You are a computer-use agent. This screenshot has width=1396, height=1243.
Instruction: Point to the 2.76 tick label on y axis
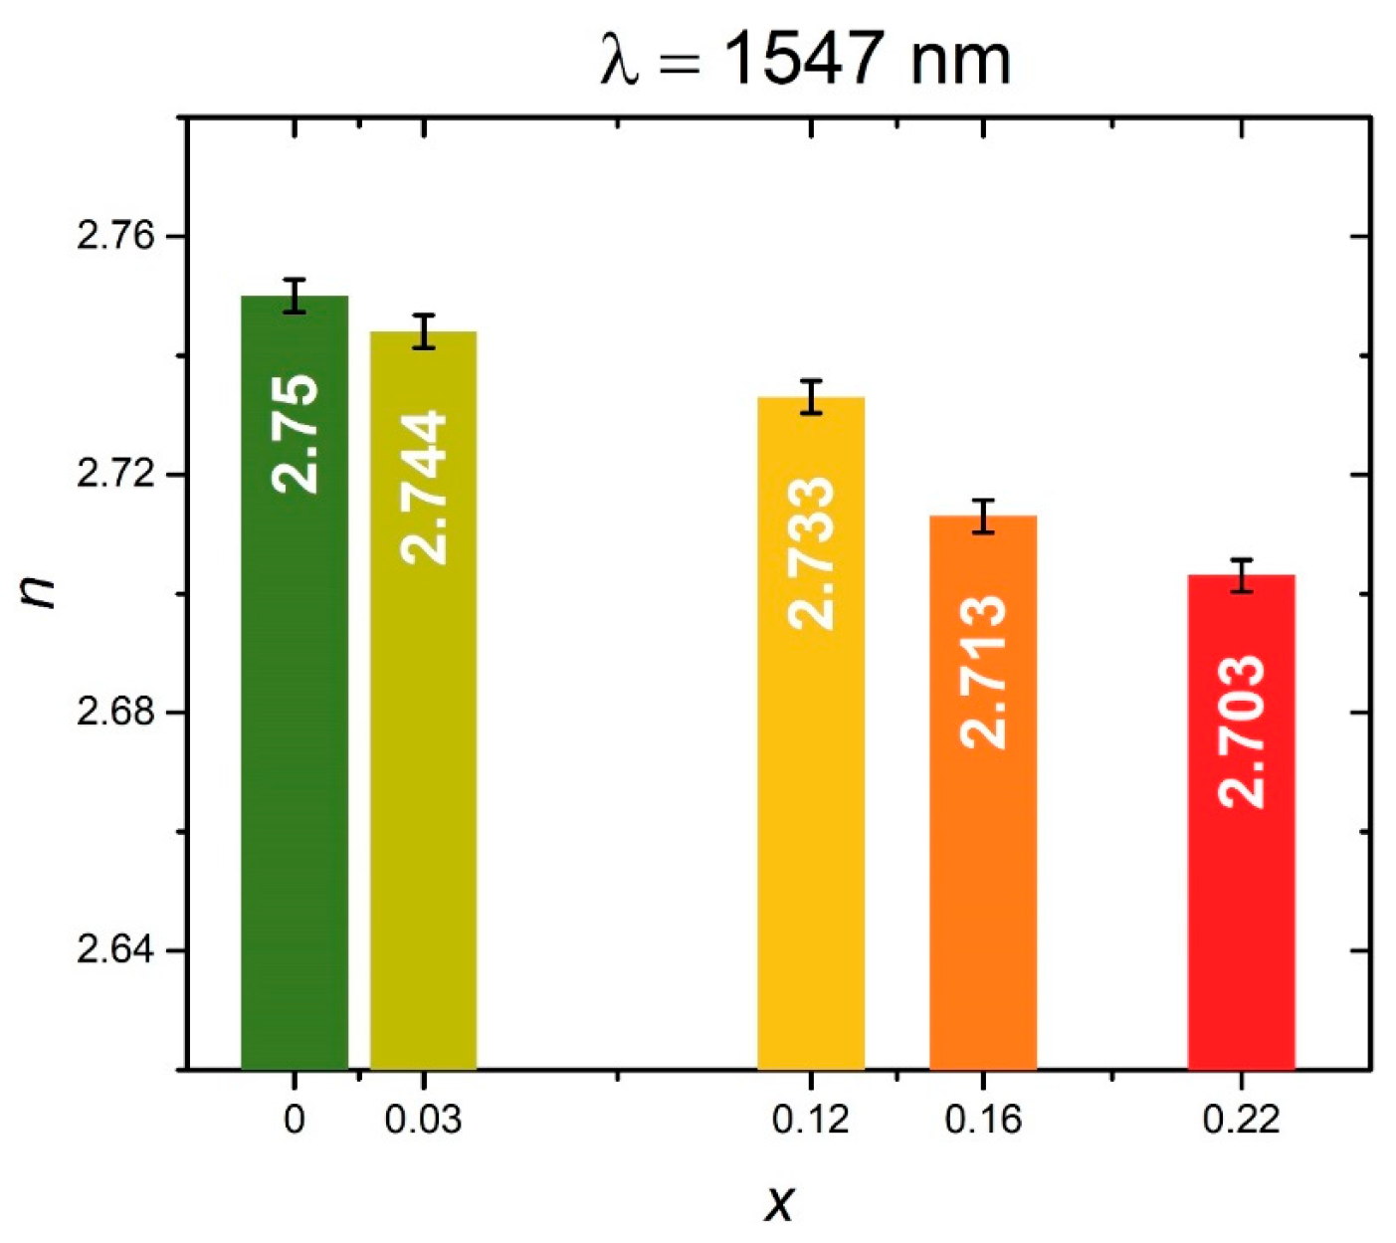[x=117, y=236]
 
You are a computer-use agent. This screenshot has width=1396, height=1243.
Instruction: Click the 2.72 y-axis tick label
[x=117, y=474]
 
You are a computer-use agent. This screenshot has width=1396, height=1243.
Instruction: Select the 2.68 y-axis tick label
[x=117, y=713]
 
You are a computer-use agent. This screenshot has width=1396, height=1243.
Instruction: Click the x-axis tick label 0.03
[x=424, y=1121]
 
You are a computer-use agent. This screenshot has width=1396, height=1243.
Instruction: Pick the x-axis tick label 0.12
[x=811, y=1121]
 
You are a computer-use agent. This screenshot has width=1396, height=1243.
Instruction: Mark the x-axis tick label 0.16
[x=983, y=1121]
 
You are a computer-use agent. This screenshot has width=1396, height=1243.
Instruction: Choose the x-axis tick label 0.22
[x=1241, y=1121]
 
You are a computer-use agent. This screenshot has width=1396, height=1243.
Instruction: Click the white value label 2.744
[x=424, y=488]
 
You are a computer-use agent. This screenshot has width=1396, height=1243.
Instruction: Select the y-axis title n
[x=40, y=593]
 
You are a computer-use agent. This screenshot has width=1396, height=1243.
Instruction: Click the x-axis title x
[x=780, y=1203]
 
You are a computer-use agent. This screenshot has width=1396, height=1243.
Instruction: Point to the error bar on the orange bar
[x=983, y=516]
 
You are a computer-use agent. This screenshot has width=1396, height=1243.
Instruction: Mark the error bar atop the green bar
[x=295, y=296]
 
